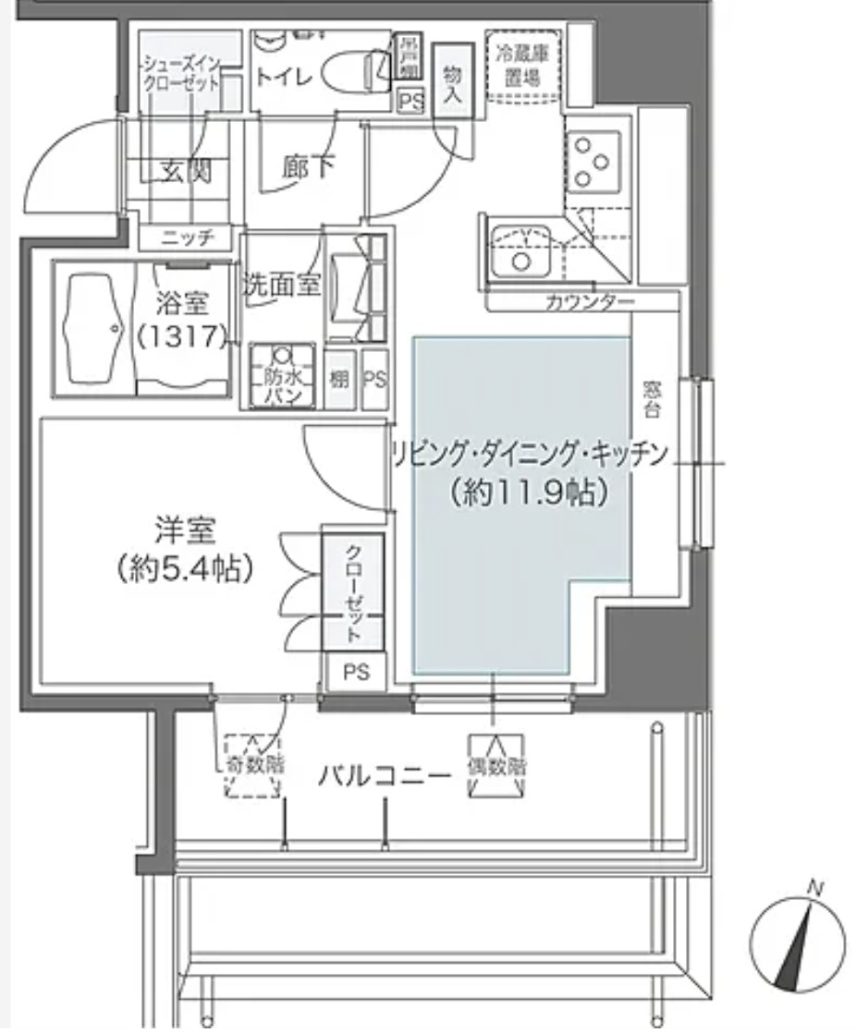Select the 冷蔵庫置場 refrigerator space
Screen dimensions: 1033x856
pos(514,66)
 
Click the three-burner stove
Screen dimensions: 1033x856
pos(592,162)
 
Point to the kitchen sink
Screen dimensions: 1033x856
pos(520,252)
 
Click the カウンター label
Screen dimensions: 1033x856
pos(590,302)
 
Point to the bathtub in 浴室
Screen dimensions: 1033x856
pos(94,328)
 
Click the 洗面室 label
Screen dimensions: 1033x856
pos(282,286)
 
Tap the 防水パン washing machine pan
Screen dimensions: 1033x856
pos(282,376)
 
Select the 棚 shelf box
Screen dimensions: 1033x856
pos(339,378)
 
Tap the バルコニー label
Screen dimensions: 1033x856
pos(385,775)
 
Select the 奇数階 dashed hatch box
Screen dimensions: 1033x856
pos(253,766)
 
